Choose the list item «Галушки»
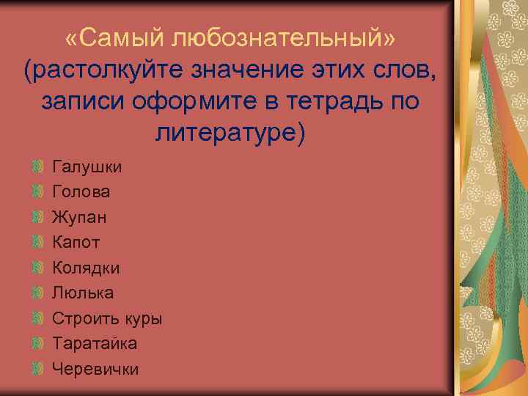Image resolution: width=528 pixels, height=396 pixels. [x=87, y=167]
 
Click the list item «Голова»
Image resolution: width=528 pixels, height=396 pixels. [x=81, y=192]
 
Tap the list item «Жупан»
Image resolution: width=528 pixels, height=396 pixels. [x=78, y=218]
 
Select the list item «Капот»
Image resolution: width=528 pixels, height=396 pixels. [x=76, y=243]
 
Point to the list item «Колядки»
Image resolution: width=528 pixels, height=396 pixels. [x=86, y=268]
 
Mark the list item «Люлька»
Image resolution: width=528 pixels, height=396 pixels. [x=83, y=293]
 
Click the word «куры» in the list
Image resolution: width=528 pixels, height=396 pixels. [x=144, y=319]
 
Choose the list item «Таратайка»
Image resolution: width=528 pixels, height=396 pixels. [x=95, y=344]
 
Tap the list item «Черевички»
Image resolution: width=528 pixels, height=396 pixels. [x=95, y=370]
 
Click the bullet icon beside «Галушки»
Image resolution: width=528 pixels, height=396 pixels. [x=38, y=166]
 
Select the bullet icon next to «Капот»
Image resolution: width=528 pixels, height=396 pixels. [x=38, y=243]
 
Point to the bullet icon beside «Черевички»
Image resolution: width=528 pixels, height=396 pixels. [x=38, y=370]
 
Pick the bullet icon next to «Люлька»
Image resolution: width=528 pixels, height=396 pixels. [x=38, y=293]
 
